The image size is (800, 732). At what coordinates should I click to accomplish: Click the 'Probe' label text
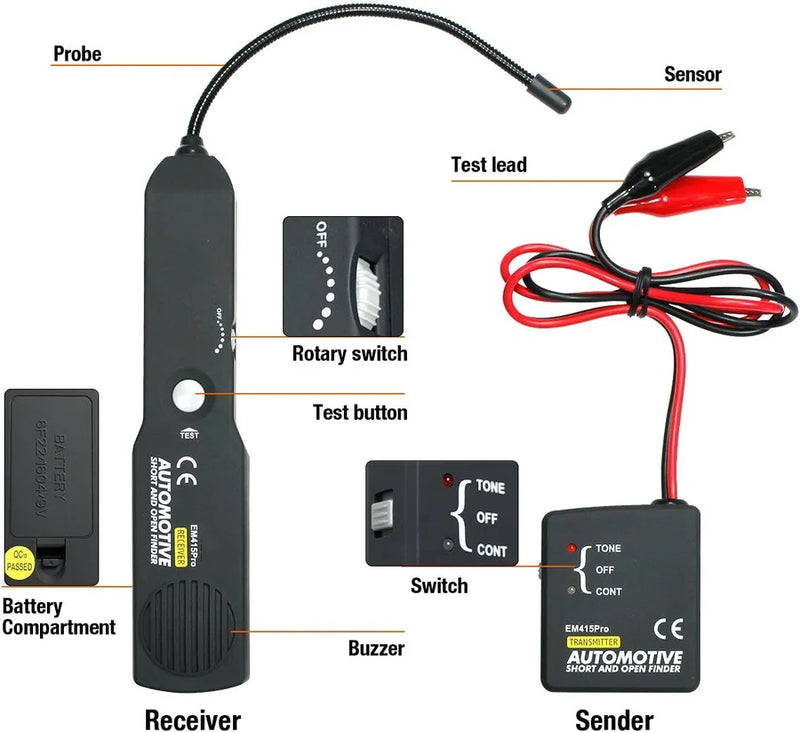[x=77, y=54]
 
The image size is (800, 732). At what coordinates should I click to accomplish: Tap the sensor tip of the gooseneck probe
[x=554, y=99]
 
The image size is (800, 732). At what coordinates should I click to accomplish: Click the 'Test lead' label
[x=488, y=165]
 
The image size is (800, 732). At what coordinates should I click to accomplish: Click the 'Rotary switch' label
[x=349, y=353]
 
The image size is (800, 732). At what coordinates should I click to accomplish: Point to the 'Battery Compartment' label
[x=58, y=617]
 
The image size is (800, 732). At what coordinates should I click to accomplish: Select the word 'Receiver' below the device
[x=193, y=719]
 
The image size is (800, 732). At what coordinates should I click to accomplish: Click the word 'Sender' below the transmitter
[x=615, y=719]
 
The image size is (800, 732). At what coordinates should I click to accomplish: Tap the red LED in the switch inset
[x=447, y=482]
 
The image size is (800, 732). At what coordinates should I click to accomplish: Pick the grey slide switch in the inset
[x=381, y=516]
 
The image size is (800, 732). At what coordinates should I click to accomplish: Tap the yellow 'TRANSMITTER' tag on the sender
[x=592, y=640]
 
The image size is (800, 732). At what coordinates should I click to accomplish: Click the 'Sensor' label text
[x=693, y=74]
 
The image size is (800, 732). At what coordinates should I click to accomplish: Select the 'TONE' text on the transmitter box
[x=608, y=548]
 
